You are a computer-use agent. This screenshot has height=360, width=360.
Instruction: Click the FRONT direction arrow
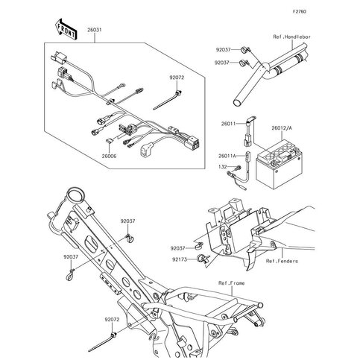[x=66, y=29]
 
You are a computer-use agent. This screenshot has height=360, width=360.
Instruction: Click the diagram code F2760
[x=300, y=11]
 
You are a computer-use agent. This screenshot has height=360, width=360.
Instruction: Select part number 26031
[x=95, y=30]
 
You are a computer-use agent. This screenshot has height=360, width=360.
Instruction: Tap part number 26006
[x=109, y=157]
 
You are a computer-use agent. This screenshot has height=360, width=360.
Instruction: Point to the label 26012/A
[x=282, y=128]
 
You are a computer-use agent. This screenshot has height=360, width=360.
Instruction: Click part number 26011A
[x=227, y=156]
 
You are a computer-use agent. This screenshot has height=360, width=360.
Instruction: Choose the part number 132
[x=223, y=167]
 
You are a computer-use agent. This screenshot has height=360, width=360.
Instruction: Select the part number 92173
[x=180, y=259]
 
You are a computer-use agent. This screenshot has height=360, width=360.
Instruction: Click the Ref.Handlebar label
[x=292, y=37]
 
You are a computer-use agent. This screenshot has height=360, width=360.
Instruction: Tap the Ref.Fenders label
[x=282, y=261]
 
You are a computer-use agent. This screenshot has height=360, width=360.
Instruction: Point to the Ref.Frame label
[x=232, y=283]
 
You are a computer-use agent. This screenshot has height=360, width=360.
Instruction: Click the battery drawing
[x=280, y=165]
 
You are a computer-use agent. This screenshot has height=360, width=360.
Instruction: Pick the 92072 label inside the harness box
[x=177, y=78]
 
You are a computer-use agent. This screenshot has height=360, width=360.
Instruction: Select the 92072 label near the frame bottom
[x=112, y=320]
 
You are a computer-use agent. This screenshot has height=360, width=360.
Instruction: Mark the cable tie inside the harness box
[x=168, y=101]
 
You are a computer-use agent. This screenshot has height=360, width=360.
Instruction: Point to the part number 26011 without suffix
[x=228, y=124]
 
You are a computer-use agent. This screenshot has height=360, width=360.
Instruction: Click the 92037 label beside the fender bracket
[x=177, y=248]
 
